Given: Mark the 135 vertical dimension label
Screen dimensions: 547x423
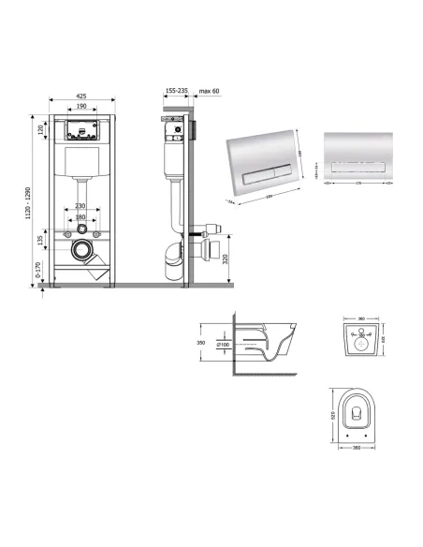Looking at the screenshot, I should (40, 241).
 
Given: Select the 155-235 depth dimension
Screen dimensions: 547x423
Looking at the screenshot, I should (176, 92).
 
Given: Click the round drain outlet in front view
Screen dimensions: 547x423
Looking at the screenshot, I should (83, 252).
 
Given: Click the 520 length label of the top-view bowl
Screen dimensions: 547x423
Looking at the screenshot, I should (332, 414).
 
